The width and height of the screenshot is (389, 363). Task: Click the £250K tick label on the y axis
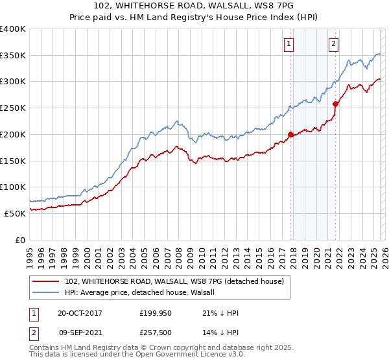[13, 108]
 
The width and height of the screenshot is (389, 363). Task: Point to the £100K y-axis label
[13, 187]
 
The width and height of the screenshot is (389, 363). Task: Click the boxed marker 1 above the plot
[288, 44]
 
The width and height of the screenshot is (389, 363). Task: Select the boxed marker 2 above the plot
[333, 44]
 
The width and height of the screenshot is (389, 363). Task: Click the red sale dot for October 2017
[291, 135]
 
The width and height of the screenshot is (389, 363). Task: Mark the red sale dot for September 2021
[335, 104]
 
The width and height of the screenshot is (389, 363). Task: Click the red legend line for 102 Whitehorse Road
[46, 281]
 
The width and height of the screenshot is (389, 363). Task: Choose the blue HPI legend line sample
[46, 292]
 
